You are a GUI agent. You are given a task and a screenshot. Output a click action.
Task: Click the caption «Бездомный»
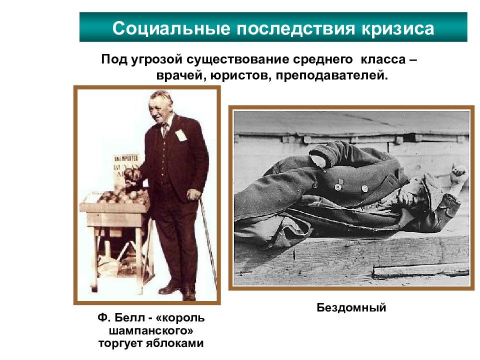tap(351, 307)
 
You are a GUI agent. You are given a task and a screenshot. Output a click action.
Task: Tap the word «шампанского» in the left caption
tap(151, 331)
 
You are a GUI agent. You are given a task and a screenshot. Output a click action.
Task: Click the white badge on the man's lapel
tap(180, 135)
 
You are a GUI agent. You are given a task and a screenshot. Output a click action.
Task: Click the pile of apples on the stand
tap(122, 195)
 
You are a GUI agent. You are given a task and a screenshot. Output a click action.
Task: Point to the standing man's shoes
tap(180, 290)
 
